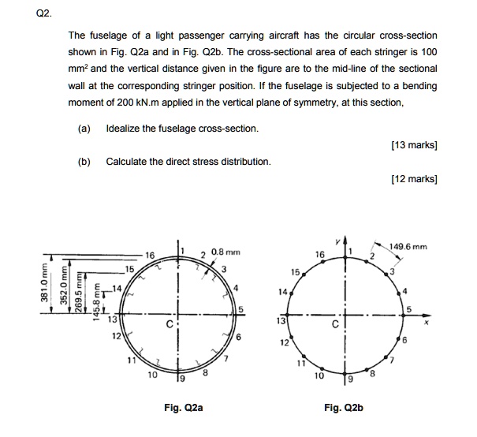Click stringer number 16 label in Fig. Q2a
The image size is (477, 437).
tap(149, 256)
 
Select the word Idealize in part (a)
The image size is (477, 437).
tap(125, 128)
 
